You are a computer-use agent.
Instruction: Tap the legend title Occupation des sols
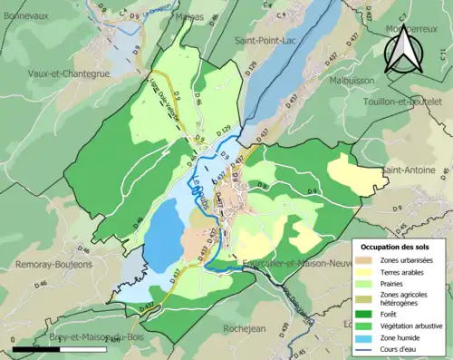(x=395, y=247)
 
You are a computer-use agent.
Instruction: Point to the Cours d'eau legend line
(x=368, y=350)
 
